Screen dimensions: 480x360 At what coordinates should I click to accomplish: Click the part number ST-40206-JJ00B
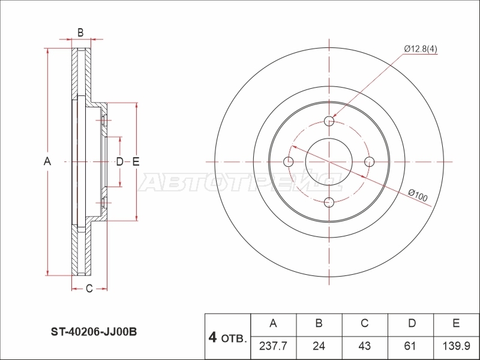94,332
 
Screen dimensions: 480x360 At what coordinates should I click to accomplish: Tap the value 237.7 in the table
273,346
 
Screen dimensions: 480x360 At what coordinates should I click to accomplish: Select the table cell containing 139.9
457,346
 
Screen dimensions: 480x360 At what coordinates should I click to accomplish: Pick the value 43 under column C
364,346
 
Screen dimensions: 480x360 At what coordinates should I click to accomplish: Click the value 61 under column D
410,346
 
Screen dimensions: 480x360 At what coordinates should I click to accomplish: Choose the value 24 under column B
319,346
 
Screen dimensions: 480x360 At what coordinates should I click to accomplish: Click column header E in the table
456,323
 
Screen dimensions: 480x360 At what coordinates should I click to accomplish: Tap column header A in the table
273,323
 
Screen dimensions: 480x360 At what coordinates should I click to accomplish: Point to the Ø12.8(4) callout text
421,49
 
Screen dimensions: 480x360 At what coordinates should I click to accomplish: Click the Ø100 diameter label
418,196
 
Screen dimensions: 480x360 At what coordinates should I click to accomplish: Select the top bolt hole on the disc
329,121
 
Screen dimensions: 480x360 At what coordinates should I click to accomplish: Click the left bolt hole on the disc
289,161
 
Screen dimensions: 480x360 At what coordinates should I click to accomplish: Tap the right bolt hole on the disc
370,161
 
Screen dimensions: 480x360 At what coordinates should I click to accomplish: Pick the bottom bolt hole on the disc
329,202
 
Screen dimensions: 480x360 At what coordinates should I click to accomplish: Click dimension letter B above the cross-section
80,32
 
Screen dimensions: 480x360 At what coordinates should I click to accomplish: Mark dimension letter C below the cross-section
89,289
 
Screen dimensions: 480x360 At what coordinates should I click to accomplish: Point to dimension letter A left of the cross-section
47,161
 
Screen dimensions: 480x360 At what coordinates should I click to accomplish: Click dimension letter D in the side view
119,161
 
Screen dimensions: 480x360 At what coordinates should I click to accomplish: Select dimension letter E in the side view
136,161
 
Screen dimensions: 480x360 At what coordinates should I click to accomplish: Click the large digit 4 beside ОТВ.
212,337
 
